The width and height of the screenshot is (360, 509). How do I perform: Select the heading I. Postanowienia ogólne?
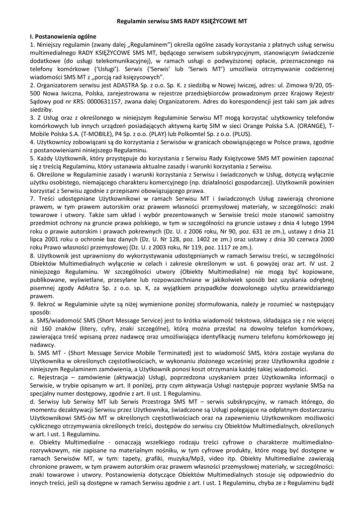pyautogui.click(x=63, y=37)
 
